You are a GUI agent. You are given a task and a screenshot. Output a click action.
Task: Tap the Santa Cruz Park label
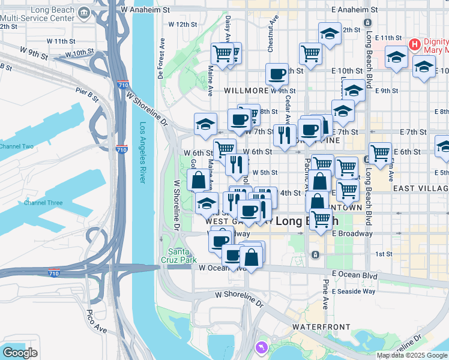tap(179, 256)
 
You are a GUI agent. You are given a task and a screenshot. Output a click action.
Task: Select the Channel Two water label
tap(16, 146)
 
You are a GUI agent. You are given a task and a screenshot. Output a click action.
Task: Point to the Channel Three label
tap(43, 203)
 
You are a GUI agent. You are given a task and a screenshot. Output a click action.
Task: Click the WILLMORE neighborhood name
tap(246, 91)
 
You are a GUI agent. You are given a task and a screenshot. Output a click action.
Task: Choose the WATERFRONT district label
tap(321, 327)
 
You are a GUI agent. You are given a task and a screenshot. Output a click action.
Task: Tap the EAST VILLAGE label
tap(421, 188)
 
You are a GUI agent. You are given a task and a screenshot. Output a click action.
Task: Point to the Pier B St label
tap(87, 94)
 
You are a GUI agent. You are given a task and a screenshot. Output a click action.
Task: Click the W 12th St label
tap(182, 25)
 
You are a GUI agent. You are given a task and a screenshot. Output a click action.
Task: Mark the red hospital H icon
tap(414, 44)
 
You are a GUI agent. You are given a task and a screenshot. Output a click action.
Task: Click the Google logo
tap(20, 352)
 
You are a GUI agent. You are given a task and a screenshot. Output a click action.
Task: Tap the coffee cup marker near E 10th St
tap(277, 74)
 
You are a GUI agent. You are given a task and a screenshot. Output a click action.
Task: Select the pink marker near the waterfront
tap(261, 347)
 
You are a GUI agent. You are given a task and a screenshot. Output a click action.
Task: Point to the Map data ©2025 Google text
tap(412, 355)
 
